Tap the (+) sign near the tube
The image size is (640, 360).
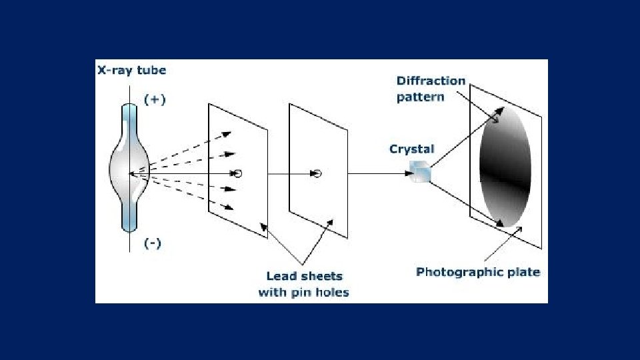pyautogui.click(x=155, y=100)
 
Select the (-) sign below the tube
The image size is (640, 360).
pyautogui.click(x=153, y=243)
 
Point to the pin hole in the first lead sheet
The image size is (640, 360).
pyautogui.click(x=238, y=173)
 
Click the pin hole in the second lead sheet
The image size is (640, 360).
pyautogui.click(x=317, y=174)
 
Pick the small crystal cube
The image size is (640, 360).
pyautogui.click(x=421, y=172)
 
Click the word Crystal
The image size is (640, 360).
pyautogui.click(x=411, y=149)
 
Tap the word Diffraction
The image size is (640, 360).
pyautogui.click(x=431, y=81)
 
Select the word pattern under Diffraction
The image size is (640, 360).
pyautogui.click(x=420, y=97)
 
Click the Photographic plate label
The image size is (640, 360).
pyautogui.click(x=478, y=272)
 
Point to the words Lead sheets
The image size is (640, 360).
pyautogui.click(x=304, y=276)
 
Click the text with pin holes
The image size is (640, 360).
pyautogui.click(x=304, y=292)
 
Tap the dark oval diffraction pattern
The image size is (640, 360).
pyautogui.click(x=505, y=167)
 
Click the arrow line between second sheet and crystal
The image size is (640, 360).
pyautogui.click(x=377, y=174)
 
